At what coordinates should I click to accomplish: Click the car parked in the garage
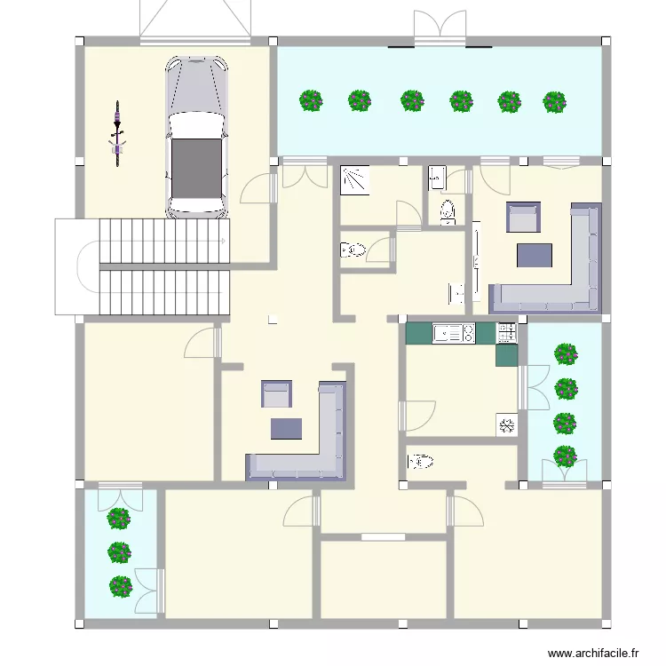click(x=196, y=138)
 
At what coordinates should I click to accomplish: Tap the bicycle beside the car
click(x=117, y=134)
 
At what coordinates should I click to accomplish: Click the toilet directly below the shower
click(x=353, y=250)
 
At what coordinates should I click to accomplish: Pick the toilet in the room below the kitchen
click(x=420, y=462)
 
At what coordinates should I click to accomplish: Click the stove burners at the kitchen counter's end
click(x=507, y=333)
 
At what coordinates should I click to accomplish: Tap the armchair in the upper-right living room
click(x=522, y=218)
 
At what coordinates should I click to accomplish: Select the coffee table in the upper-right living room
click(x=535, y=255)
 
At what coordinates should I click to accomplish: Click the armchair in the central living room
click(x=276, y=393)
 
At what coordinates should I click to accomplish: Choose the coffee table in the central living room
click(x=287, y=428)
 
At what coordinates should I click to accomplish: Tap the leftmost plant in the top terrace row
click(x=311, y=100)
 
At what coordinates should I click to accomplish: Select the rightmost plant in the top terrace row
click(x=554, y=101)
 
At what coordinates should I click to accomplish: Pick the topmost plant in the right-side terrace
click(x=565, y=354)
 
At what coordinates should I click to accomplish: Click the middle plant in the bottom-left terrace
click(x=120, y=552)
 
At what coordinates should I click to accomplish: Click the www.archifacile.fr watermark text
click(x=594, y=653)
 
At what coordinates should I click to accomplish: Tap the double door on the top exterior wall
click(x=440, y=28)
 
